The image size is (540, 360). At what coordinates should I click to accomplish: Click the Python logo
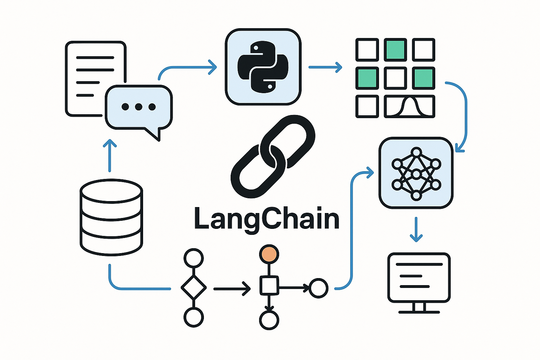tap(263, 67)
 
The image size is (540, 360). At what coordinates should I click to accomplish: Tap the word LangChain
tap(266, 219)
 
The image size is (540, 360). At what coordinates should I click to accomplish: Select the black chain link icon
tap(272, 156)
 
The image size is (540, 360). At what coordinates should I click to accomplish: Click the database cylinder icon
tap(111, 217)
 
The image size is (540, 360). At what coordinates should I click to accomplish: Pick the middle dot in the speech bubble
tap(139, 107)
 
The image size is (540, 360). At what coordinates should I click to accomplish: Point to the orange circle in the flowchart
tap(269, 254)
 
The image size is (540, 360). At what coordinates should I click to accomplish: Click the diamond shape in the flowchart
tap(194, 288)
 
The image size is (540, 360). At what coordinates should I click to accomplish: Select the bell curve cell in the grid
tap(410, 106)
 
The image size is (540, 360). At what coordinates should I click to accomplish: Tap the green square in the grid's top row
tap(396, 50)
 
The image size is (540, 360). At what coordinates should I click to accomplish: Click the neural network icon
tap(416, 173)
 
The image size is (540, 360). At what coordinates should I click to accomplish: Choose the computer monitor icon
tap(419, 278)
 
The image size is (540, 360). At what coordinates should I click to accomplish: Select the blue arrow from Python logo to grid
tap(325, 67)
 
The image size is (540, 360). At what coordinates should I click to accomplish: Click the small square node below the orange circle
tap(269, 285)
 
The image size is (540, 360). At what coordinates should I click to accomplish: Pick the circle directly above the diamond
tap(194, 258)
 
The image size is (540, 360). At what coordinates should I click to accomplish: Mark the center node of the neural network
tap(416, 174)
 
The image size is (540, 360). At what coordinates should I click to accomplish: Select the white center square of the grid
tap(396, 78)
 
